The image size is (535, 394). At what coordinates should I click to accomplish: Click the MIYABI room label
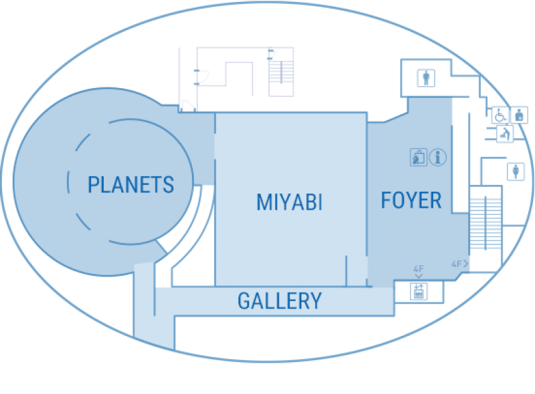[290, 202]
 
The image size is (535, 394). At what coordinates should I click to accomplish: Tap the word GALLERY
[280, 301]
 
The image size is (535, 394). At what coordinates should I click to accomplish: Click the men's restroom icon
[426, 78]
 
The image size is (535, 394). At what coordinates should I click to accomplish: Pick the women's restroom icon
[516, 171]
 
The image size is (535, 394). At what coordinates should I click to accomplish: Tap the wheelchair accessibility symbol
[500, 115]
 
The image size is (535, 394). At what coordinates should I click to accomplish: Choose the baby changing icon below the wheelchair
[505, 134]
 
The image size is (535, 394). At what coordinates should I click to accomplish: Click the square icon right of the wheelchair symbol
[520, 115]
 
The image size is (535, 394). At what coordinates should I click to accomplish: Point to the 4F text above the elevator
[419, 269]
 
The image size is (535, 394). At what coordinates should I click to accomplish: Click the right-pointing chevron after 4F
[465, 264]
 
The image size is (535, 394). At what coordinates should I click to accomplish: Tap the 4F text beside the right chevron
[456, 264]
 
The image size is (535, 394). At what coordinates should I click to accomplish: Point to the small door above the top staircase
[272, 54]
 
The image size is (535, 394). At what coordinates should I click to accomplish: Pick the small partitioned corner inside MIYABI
[356, 270]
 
